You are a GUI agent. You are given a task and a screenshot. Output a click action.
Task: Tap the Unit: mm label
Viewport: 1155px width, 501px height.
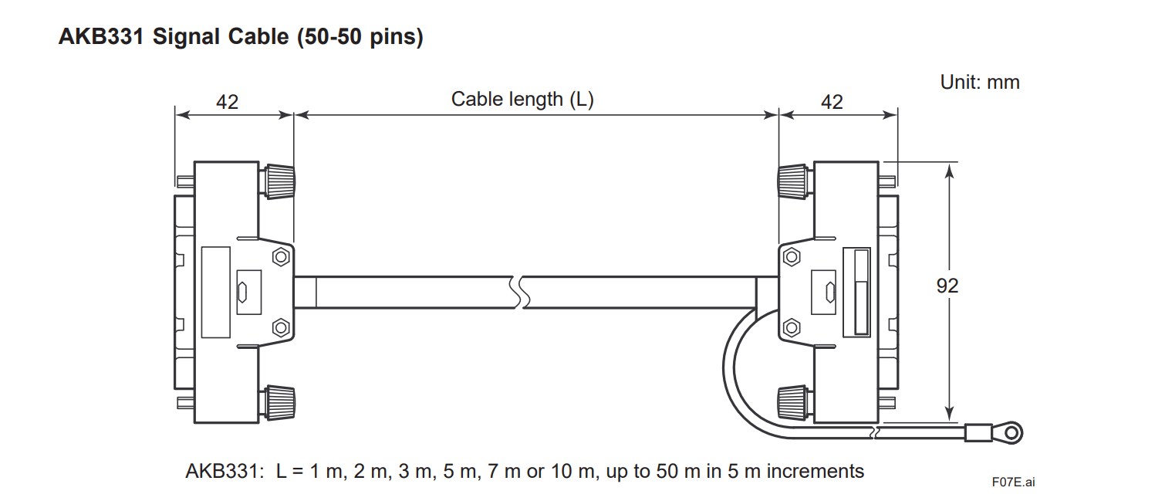click(x=979, y=82)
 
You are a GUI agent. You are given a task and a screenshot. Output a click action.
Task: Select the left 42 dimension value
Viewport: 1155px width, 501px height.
click(x=227, y=101)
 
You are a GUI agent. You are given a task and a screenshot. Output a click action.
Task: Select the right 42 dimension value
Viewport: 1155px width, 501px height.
click(x=832, y=101)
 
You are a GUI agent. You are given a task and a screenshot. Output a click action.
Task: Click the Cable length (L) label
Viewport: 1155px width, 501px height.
click(x=522, y=99)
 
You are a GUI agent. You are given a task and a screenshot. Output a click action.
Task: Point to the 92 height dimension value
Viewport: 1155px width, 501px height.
click(x=947, y=286)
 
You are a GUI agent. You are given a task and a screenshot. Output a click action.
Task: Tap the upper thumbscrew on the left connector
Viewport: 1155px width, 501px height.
click(x=279, y=181)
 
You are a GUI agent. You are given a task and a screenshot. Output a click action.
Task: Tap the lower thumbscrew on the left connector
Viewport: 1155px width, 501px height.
click(x=279, y=402)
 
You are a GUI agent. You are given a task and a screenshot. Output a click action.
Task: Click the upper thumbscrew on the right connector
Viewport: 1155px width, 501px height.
click(x=794, y=181)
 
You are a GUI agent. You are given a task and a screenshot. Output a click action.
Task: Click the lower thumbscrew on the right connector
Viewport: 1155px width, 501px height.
click(x=794, y=402)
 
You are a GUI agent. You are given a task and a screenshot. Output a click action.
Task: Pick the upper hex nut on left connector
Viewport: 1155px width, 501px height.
click(x=282, y=256)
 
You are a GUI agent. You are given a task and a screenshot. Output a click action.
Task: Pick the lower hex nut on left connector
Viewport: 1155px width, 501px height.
click(x=282, y=327)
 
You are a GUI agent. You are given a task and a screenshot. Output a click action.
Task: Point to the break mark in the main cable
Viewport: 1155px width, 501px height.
click(x=518, y=293)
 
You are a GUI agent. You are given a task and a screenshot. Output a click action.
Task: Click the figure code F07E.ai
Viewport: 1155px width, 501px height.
click(x=1013, y=482)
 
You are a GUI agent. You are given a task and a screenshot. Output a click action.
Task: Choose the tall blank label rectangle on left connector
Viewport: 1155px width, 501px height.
click(x=215, y=292)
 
